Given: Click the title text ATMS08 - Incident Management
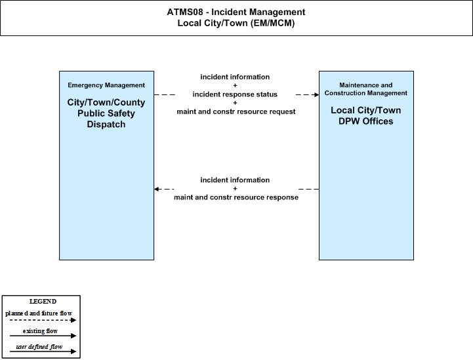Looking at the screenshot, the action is pyautogui.click(x=236, y=12).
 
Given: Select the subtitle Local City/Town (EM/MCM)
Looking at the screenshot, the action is pyautogui.click(x=236, y=23).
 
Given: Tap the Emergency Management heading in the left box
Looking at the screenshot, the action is pyautogui.click(x=106, y=85).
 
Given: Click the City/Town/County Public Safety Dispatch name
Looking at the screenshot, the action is pyautogui.click(x=106, y=113).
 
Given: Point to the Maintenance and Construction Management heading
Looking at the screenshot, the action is pyautogui.click(x=366, y=89).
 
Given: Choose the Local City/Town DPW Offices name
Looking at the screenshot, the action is pyautogui.click(x=366, y=116).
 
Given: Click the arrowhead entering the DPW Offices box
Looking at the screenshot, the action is pyautogui.click(x=316, y=94).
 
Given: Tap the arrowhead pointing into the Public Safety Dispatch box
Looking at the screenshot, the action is pyautogui.click(x=157, y=189).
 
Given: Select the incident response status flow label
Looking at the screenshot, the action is pyautogui.click(x=235, y=94).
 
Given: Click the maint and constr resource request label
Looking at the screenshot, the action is pyautogui.click(x=236, y=111).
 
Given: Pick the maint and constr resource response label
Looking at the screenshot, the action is pyautogui.click(x=236, y=197).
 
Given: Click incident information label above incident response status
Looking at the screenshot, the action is pyautogui.click(x=235, y=77).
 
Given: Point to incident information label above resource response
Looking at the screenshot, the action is pyautogui.click(x=235, y=180).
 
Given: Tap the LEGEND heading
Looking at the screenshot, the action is pyautogui.click(x=43, y=302).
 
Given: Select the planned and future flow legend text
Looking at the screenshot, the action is pyautogui.click(x=39, y=313).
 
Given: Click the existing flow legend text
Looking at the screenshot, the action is pyautogui.click(x=40, y=331).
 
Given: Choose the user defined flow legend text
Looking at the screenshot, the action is pyautogui.click(x=39, y=347).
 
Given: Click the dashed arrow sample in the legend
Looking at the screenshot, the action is pyautogui.click(x=43, y=320).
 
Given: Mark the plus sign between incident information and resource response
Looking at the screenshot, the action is pyautogui.click(x=235, y=189).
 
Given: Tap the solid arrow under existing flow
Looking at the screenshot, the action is pyautogui.click(x=43, y=336).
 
